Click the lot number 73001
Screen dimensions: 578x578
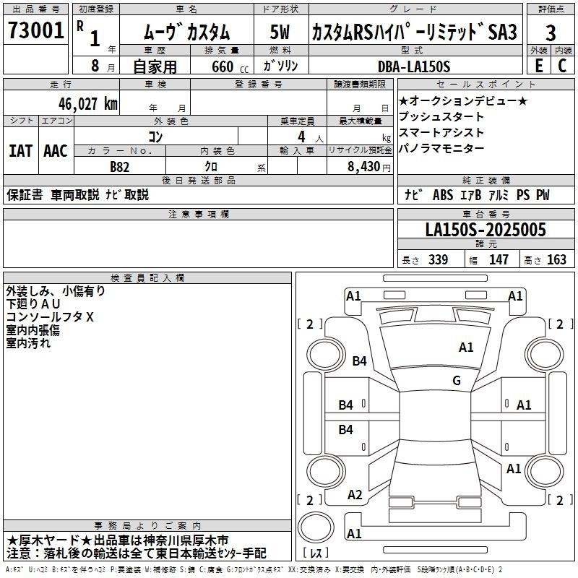[35, 30]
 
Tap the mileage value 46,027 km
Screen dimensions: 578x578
[88, 104]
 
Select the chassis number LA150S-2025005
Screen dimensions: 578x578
[486, 230]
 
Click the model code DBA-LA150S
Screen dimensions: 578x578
[414, 66]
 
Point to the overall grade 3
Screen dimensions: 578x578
[551, 33]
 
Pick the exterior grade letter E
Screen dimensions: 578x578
[539, 66]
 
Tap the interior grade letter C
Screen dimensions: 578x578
[562, 66]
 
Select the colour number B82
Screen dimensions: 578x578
[120, 167]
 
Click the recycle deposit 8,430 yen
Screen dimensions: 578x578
[369, 167]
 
